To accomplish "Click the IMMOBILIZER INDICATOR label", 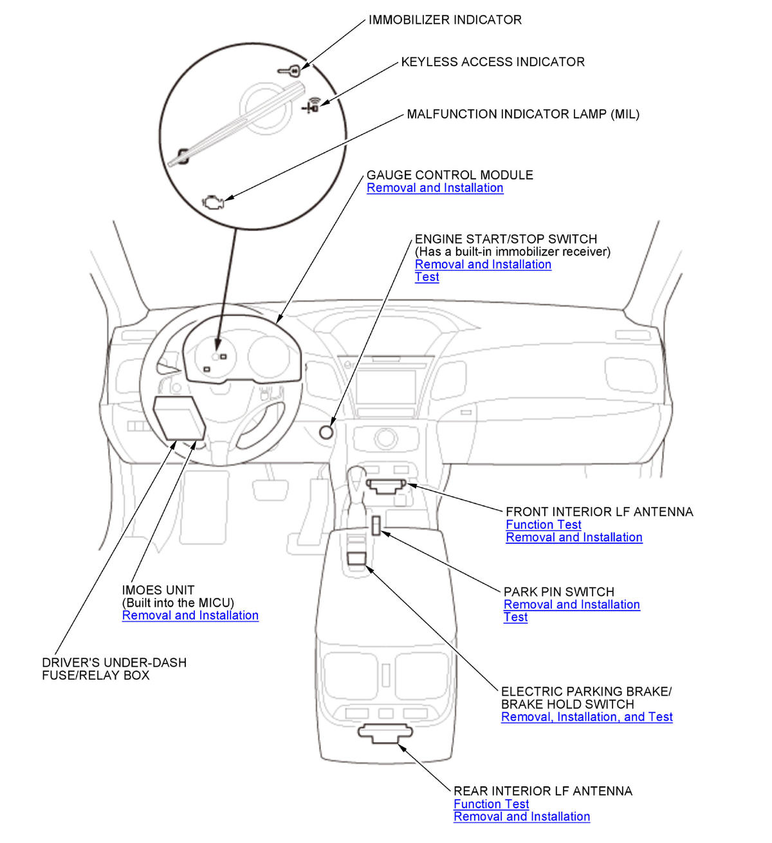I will click(445, 20).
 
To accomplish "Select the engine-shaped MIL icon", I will click(213, 201).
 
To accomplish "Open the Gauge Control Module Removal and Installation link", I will click(435, 188).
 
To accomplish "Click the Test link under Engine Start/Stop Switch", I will click(427, 277).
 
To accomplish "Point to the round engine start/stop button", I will click(327, 432).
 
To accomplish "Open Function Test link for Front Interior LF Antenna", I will click(543, 524).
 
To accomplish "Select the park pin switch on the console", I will click(375, 524).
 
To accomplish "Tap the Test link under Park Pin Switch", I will click(515, 617).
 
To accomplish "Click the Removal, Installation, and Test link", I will click(587, 717).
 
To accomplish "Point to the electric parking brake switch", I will click(356, 557).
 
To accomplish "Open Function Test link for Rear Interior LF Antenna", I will click(491, 804).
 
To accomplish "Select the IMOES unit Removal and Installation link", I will click(190, 615).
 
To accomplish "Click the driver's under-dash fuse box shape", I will click(178, 418).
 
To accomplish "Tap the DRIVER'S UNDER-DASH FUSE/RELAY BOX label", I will click(114, 669).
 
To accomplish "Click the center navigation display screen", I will click(385, 385).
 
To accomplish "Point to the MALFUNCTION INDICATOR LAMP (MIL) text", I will click(523, 115).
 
